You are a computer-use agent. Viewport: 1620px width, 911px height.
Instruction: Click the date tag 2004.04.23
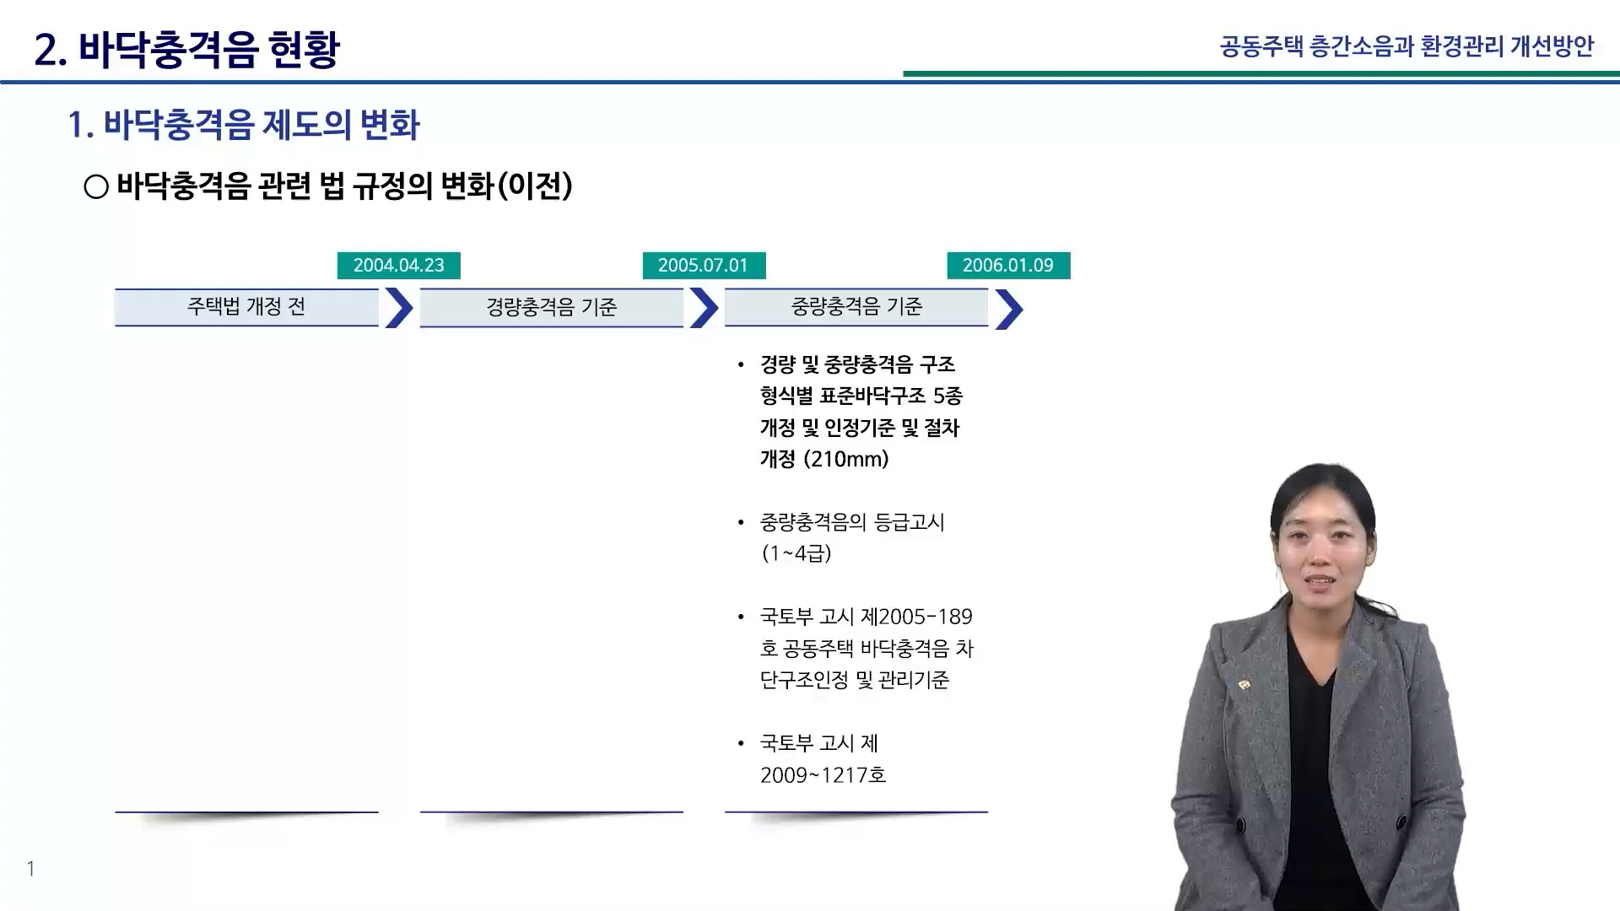click(x=399, y=266)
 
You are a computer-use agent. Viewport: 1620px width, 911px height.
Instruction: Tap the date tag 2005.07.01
click(x=704, y=266)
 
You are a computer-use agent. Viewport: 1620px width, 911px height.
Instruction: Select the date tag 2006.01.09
click(x=1008, y=266)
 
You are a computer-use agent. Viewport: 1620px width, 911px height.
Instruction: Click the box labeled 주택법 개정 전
click(x=246, y=307)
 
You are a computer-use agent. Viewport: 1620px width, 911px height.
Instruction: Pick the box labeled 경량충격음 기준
click(x=552, y=307)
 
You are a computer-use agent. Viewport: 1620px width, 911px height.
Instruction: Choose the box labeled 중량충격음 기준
click(x=856, y=307)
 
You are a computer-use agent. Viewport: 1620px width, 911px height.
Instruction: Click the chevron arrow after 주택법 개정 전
click(x=399, y=308)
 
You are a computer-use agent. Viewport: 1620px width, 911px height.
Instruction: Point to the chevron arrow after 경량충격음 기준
click(x=705, y=308)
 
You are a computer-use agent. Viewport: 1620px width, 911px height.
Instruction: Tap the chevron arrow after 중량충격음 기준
click(x=1009, y=309)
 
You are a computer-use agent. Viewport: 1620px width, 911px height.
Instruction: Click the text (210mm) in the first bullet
click(x=845, y=460)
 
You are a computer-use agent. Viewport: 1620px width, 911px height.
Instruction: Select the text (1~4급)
click(x=796, y=553)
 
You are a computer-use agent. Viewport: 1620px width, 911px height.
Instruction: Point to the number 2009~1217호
click(x=823, y=775)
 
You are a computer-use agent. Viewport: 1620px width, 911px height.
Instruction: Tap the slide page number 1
click(x=31, y=869)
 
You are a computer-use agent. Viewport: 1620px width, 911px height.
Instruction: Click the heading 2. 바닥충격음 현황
click(x=186, y=49)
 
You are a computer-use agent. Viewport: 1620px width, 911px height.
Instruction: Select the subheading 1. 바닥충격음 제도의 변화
click(x=244, y=125)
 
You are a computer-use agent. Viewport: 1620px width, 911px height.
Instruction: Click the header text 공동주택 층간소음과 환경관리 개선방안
click(x=1407, y=46)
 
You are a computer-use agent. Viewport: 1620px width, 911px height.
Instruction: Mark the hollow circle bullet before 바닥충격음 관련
click(x=96, y=186)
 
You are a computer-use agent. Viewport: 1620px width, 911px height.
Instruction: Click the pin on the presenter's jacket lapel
click(x=1243, y=685)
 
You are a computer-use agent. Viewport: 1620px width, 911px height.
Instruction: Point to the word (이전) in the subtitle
click(x=535, y=186)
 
